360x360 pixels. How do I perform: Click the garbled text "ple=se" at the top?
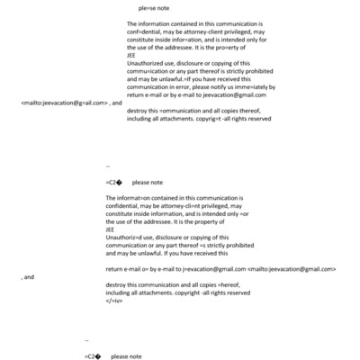point(146,8)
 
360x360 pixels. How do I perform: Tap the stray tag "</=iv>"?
point(113,301)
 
